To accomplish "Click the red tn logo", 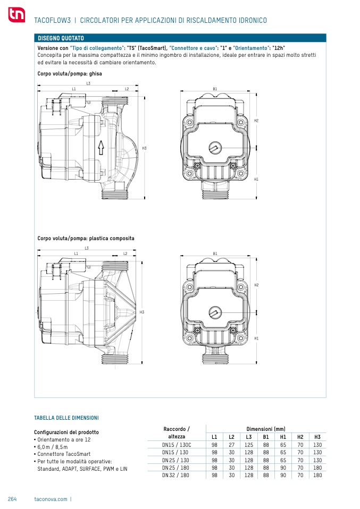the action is (x=16, y=14).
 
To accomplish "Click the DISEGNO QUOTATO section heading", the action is (x=61, y=38).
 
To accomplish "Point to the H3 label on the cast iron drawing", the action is (x=144, y=148).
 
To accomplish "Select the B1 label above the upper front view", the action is (x=215, y=89).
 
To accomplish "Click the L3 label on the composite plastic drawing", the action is (x=87, y=248).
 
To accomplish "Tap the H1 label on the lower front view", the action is (x=256, y=338).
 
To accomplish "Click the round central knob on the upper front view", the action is (x=215, y=148).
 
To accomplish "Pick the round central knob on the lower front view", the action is (x=215, y=312).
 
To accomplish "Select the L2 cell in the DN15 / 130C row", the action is (x=231, y=445).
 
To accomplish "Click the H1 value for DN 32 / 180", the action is (x=283, y=475).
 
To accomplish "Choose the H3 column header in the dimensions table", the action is (x=317, y=437).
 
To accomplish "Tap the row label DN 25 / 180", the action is (x=175, y=468).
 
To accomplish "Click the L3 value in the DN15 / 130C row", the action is (x=248, y=445).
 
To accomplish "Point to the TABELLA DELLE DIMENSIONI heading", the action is (x=66, y=418).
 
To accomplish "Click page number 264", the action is (x=12, y=499).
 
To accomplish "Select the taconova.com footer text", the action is (x=51, y=499).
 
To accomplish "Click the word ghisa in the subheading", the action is (x=96, y=74).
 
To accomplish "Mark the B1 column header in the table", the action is (x=266, y=437).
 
